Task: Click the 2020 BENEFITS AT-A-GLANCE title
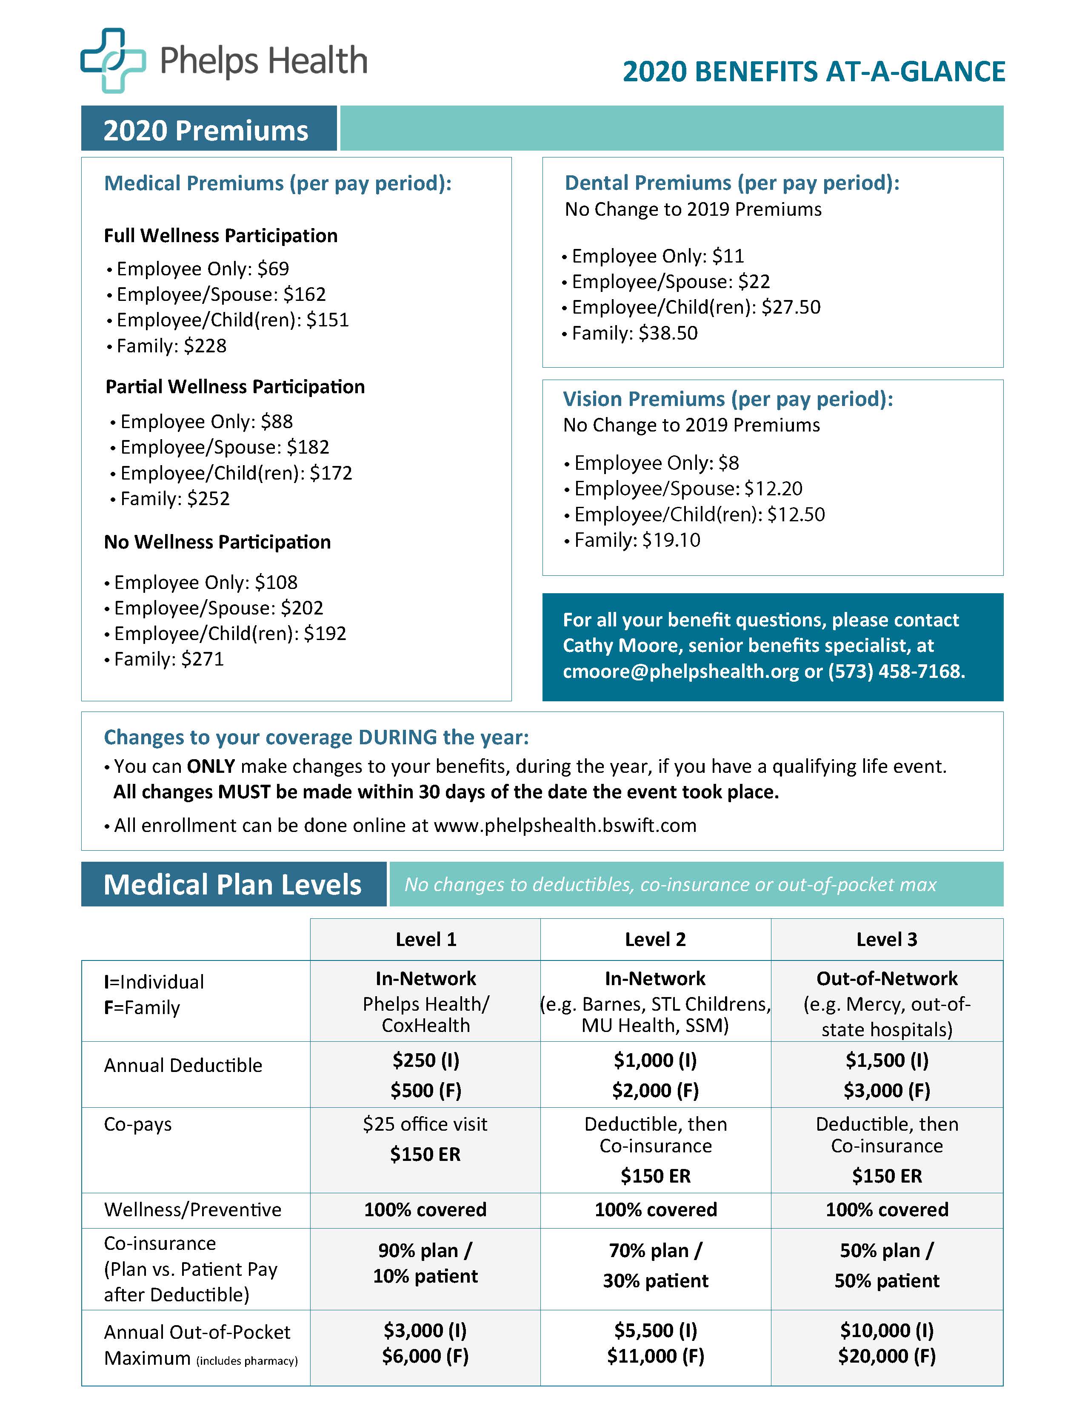point(814,71)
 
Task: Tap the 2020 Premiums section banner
point(206,130)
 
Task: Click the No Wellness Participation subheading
point(217,542)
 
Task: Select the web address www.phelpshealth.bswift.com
point(565,826)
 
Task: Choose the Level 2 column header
point(655,939)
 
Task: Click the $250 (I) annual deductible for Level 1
point(426,1060)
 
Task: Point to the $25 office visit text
point(425,1124)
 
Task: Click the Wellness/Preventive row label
point(193,1210)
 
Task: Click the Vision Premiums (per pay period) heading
point(728,399)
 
